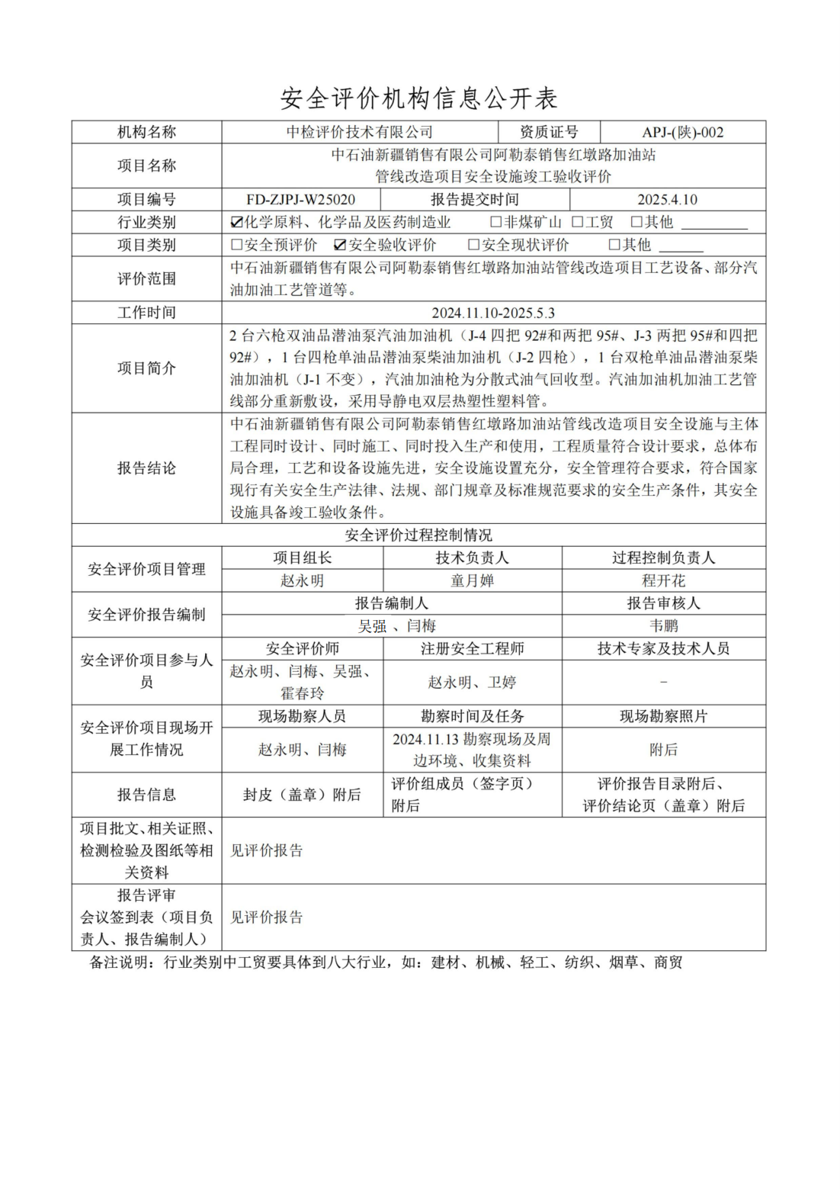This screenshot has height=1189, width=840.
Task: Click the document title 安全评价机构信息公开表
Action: pyautogui.click(x=419, y=98)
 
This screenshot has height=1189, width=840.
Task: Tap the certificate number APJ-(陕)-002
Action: pyautogui.click(x=682, y=132)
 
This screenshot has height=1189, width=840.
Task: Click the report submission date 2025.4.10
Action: pyautogui.click(x=667, y=200)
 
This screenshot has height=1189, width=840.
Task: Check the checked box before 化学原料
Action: pyautogui.click(x=236, y=223)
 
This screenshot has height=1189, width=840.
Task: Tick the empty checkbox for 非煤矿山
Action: pyautogui.click(x=496, y=223)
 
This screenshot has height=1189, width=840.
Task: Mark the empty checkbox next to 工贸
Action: pyautogui.click(x=578, y=223)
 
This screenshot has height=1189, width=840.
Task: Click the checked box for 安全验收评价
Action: pyautogui.click(x=341, y=246)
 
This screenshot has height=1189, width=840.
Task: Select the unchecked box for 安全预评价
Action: pyautogui.click(x=236, y=246)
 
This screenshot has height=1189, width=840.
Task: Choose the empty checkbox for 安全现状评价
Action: pyautogui.click(x=474, y=246)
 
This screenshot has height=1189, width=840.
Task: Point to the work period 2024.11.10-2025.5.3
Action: pyautogui.click(x=493, y=313)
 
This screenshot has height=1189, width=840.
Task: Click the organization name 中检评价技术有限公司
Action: pyautogui.click(x=359, y=132)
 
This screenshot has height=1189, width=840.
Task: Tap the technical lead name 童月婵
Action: pyautogui.click(x=472, y=580)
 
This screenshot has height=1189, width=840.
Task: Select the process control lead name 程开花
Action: pyautogui.click(x=663, y=580)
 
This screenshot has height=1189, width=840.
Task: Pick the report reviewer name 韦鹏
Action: pyautogui.click(x=663, y=626)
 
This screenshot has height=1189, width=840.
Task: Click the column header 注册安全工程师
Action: pyautogui.click(x=472, y=648)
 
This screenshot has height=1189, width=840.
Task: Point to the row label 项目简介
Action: pyautogui.click(x=146, y=368)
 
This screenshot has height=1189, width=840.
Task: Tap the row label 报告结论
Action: pyautogui.click(x=146, y=468)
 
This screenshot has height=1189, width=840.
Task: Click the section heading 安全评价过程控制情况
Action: pyautogui.click(x=418, y=535)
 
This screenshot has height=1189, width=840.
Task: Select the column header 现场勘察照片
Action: pyautogui.click(x=663, y=716)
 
